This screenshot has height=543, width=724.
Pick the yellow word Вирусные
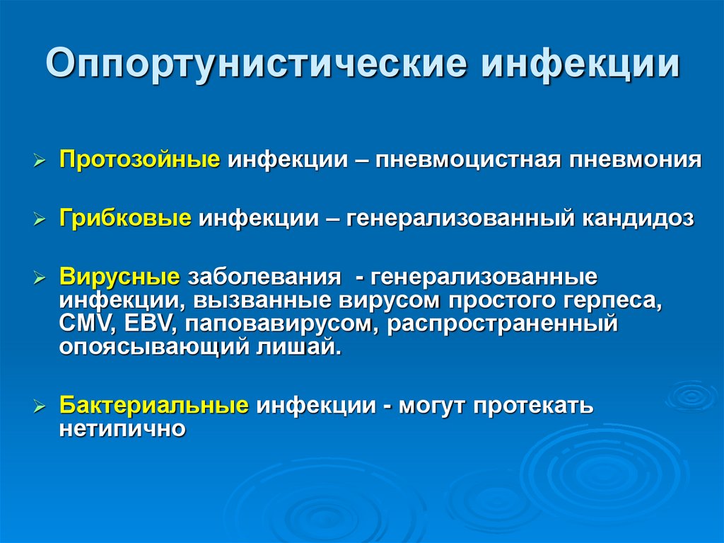click(120, 275)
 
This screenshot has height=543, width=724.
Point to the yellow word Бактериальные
click(154, 406)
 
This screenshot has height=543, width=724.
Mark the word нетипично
click(122, 429)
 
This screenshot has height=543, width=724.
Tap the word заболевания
click(261, 275)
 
